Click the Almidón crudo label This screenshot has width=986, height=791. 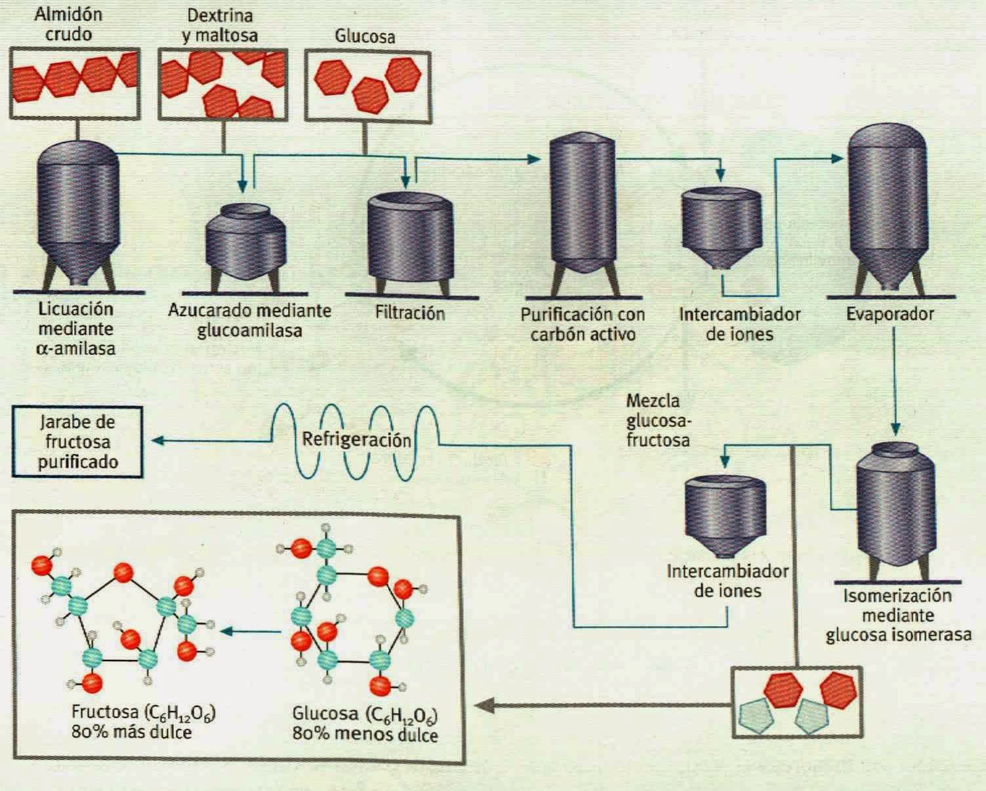[x=68, y=24]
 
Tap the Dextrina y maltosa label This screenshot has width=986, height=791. [x=220, y=25]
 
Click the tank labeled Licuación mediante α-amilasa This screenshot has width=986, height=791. [x=77, y=210]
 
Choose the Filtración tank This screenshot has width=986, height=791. [x=410, y=239]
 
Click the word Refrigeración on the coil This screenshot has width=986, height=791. [x=356, y=439]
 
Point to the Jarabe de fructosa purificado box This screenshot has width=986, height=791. [x=77, y=442]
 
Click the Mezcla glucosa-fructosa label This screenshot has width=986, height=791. [x=657, y=420]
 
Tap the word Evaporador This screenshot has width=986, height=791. [x=890, y=314]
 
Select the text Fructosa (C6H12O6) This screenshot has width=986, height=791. [x=144, y=712]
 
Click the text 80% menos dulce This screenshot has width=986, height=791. [x=365, y=734]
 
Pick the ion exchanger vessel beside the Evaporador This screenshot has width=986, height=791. [x=722, y=226]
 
